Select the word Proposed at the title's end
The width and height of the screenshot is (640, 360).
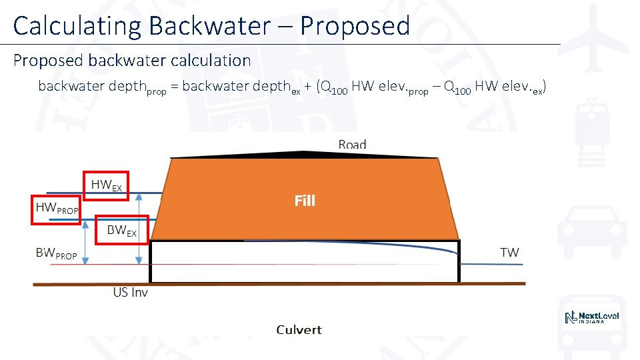(355, 26)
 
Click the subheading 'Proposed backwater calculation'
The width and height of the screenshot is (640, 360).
(132, 61)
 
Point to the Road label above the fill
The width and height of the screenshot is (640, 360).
(352, 145)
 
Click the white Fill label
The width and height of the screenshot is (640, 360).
(305, 200)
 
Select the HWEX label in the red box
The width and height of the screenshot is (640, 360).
(106, 185)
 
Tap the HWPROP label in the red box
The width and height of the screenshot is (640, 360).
(57, 209)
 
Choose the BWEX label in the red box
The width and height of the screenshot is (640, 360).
(121, 231)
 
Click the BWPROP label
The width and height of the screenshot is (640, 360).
(56, 253)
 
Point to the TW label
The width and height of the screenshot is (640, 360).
(509, 252)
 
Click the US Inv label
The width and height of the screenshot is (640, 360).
(130, 292)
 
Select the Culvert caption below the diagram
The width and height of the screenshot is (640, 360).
(299, 329)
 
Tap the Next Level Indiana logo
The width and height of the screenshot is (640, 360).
(593, 317)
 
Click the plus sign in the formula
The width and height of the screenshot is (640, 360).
(309, 86)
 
